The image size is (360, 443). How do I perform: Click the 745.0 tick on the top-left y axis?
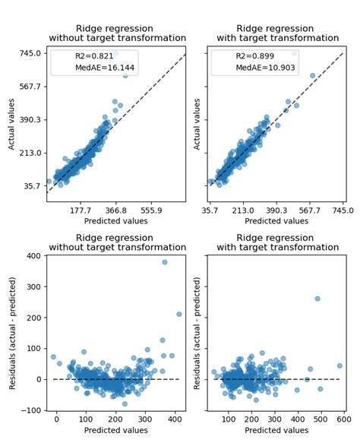pyautogui.click(x=30, y=53)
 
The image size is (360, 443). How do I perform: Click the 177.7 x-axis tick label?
pyautogui.click(x=81, y=210)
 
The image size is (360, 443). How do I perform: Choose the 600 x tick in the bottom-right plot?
pyautogui.click(x=343, y=419)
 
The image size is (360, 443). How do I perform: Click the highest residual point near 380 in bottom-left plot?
pyautogui.click(x=164, y=262)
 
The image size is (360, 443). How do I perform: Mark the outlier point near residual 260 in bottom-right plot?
pyautogui.click(x=317, y=299)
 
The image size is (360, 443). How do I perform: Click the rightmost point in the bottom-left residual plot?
pyautogui.click(x=179, y=314)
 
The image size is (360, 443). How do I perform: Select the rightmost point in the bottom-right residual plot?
pyautogui.click(x=339, y=365)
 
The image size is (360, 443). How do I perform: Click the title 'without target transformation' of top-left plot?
pyautogui.click(x=117, y=38)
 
